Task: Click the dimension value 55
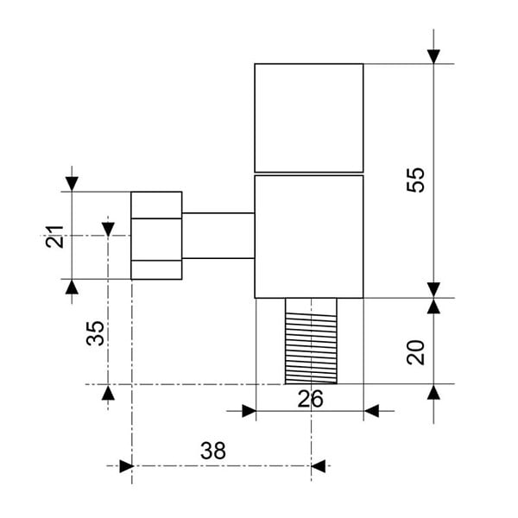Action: tap(415, 180)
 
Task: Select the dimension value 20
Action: tap(415, 352)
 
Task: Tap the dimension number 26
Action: tap(310, 399)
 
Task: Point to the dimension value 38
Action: tap(213, 451)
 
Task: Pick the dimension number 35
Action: tap(95, 333)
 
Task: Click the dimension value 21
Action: tap(54, 237)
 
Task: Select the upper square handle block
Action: tap(309, 117)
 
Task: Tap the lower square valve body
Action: tap(309, 237)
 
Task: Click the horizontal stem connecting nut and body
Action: tap(218, 236)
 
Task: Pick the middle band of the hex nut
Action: tap(156, 239)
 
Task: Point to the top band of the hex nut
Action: tap(156, 205)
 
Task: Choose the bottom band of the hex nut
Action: tap(156, 270)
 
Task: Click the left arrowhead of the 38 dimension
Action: tap(126, 466)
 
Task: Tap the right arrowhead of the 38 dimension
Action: tap(318, 466)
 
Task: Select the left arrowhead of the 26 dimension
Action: tap(250, 411)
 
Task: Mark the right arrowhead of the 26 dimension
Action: tap(371, 411)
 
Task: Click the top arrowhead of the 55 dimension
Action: tap(433, 56)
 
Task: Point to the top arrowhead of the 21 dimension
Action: tap(72, 184)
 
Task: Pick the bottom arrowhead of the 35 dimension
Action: tap(108, 392)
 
